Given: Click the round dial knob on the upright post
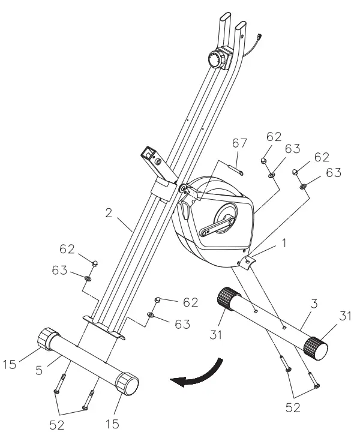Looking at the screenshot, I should [x=215, y=59].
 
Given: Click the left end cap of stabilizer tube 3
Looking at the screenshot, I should [x=228, y=296].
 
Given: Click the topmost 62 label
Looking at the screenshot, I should [x=274, y=136].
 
